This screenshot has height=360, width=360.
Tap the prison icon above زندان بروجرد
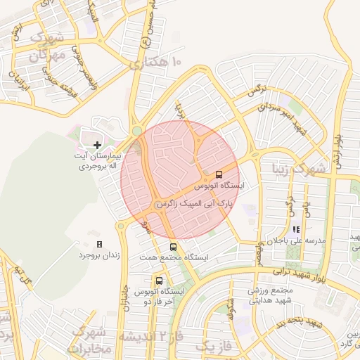(99, 244)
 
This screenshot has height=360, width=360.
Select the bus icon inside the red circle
(219, 174)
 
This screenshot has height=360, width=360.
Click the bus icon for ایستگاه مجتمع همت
(173, 247)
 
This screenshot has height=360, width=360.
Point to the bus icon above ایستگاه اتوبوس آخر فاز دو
(159, 281)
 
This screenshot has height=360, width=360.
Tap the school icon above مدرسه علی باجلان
(296, 229)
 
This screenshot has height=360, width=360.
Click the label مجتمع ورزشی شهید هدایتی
(270, 295)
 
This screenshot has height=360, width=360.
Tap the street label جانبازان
(125, 295)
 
